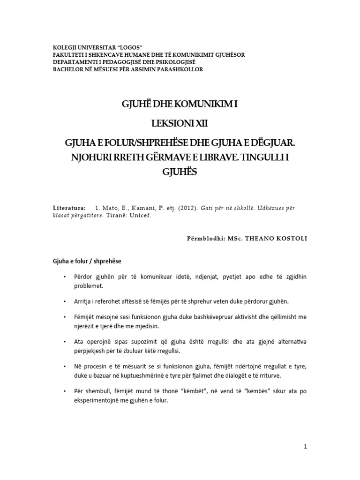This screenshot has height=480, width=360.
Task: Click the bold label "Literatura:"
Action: point(69,207)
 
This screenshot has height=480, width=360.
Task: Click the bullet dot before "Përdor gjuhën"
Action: point(64,277)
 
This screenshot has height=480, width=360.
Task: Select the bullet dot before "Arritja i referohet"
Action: point(64,301)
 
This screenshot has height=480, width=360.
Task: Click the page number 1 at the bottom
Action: point(305,447)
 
